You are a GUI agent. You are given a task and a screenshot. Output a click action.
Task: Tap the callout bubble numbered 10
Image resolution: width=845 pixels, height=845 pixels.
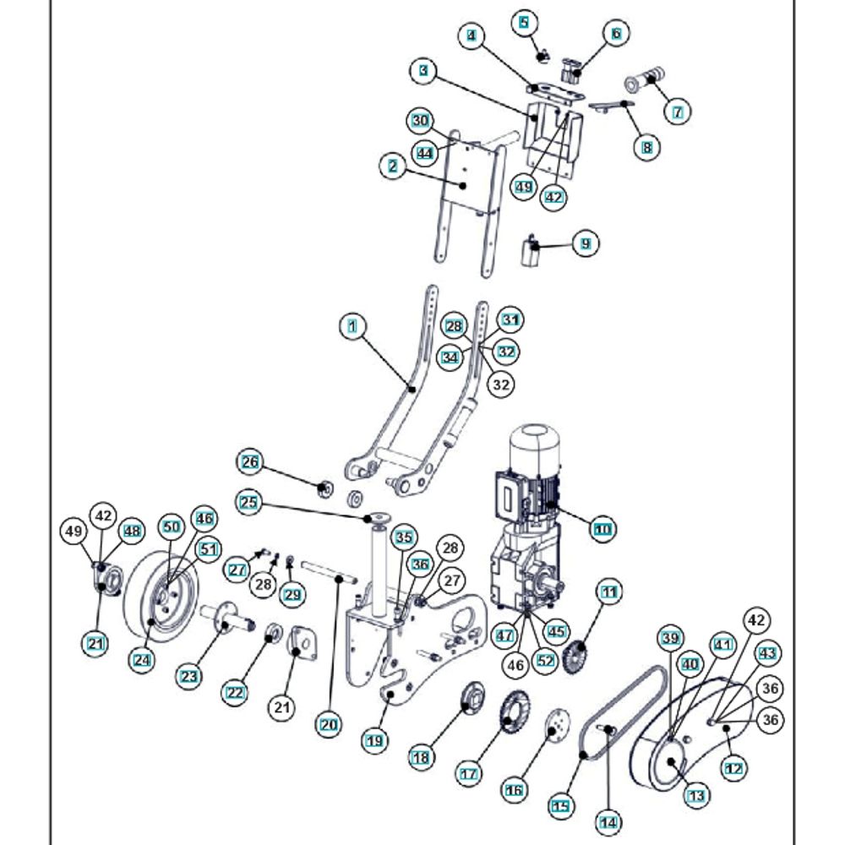pyautogui.click(x=602, y=530)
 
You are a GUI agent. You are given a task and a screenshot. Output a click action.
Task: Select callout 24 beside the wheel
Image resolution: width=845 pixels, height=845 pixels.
pyautogui.click(x=142, y=658)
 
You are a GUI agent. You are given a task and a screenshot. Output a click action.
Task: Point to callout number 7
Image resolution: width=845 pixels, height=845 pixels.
pyautogui.click(x=677, y=111)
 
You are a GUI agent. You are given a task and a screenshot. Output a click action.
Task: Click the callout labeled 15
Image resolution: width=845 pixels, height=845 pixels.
pyautogui.click(x=559, y=807)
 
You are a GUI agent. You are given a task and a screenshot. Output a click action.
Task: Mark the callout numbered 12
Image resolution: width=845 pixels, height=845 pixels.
pyautogui.click(x=733, y=768)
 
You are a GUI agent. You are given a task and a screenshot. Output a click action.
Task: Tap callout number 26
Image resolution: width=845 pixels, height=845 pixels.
pyautogui.click(x=249, y=462)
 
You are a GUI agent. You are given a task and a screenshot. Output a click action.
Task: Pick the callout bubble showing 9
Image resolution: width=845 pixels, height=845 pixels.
pyautogui.click(x=585, y=244)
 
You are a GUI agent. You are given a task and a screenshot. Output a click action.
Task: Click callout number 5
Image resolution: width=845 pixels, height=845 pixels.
pyautogui.click(x=526, y=22)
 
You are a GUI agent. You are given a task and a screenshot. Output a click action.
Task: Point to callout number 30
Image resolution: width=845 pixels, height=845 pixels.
pyautogui.click(x=421, y=120)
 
